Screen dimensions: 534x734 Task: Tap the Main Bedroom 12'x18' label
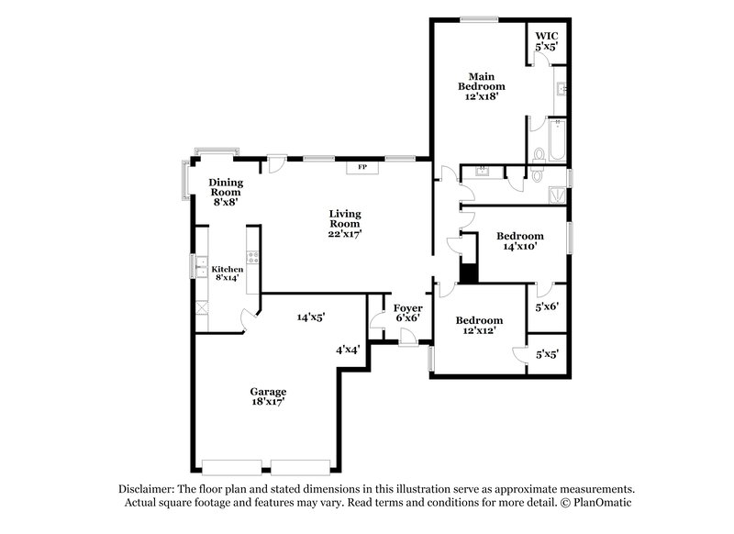(482, 86)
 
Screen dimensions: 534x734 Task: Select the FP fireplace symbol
(361, 168)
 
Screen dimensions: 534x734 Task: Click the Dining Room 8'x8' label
(225, 192)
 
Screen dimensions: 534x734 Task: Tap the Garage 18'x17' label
(271, 395)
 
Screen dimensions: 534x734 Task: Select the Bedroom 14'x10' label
(519, 240)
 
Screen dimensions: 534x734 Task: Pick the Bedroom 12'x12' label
(480, 326)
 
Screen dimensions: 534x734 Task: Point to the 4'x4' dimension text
(347, 350)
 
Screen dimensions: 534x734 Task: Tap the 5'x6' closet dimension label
(547, 308)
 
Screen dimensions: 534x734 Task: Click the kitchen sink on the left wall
(198, 269)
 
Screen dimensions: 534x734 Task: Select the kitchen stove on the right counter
(252, 257)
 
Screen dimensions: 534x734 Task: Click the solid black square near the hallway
(469, 273)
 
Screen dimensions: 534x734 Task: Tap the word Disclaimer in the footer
(148, 489)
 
